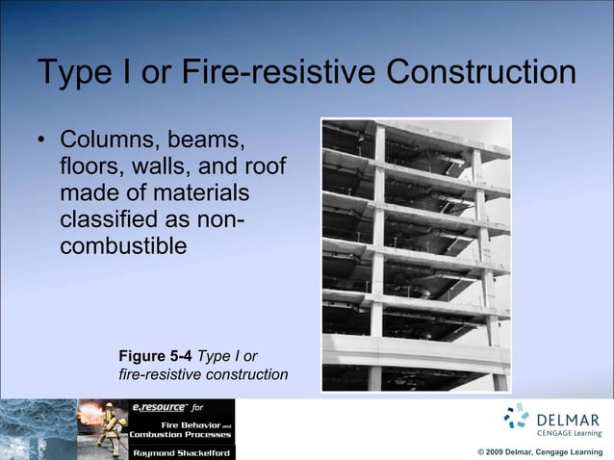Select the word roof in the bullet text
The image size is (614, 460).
point(267,168)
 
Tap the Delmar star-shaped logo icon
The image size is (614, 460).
point(517,416)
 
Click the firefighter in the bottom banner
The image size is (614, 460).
point(111,428)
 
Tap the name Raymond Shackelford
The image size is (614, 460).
point(180,451)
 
